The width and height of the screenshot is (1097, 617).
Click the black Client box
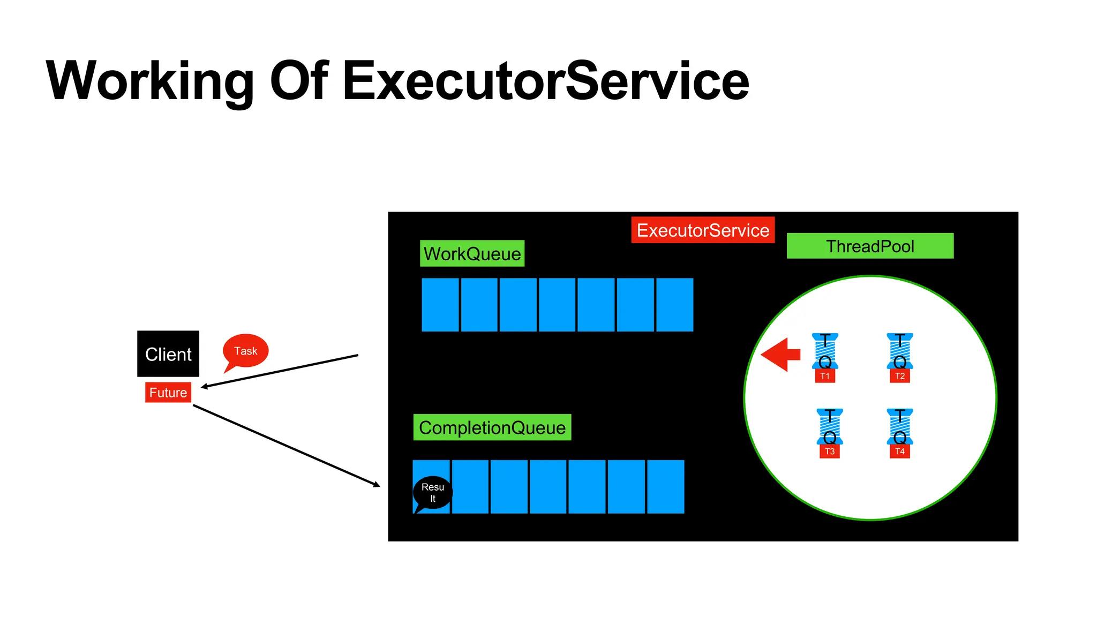point(168,353)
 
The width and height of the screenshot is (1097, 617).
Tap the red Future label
point(168,393)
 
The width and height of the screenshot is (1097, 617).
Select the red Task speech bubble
point(246,351)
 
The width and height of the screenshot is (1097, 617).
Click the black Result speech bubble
point(433,493)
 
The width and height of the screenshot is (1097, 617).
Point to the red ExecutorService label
point(703,230)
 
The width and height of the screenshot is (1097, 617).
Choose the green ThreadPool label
point(870,246)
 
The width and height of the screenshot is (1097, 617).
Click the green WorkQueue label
point(472,253)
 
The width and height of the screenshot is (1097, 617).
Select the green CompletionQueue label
point(492,427)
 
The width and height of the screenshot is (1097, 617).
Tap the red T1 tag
point(825,376)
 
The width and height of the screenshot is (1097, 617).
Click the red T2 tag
point(900,376)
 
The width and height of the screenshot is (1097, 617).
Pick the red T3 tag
point(830,452)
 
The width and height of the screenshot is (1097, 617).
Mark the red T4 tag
point(900,452)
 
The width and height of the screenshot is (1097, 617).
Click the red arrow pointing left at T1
point(780,355)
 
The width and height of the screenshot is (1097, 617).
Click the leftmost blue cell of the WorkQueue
point(440,305)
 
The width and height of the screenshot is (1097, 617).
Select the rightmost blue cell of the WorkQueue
point(675,305)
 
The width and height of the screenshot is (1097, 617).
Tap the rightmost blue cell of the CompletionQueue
point(666,487)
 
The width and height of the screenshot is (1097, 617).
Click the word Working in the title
point(150,81)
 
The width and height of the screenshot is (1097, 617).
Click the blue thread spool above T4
point(900,427)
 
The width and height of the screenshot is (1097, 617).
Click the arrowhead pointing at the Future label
point(205,386)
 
